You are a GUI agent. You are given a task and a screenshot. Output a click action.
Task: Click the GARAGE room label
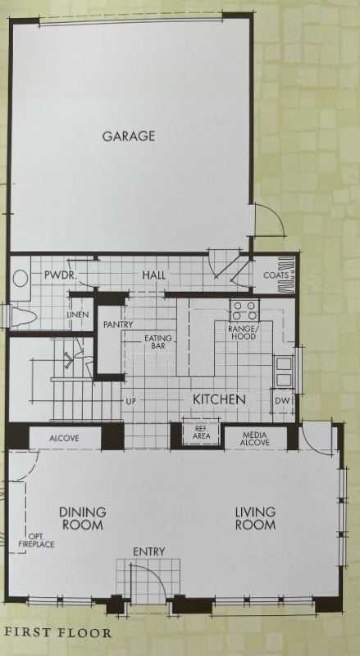(129, 136)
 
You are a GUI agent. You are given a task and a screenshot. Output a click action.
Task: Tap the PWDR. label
(59, 276)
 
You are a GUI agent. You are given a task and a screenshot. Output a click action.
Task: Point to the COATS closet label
(276, 276)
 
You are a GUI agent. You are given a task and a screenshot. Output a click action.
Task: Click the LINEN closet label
(78, 315)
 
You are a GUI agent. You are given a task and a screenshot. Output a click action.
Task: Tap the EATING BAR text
(158, 343)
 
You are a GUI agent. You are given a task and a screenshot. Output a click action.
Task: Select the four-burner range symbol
(244, 311)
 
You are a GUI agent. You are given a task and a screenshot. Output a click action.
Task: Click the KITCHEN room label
(219, 399)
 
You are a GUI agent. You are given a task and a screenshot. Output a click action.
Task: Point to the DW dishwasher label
(281, 400)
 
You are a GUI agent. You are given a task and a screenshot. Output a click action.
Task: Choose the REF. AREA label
(201, 434)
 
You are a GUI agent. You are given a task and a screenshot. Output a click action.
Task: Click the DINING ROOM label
(83, 518)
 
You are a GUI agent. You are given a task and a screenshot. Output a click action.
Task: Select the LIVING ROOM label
(255, 518)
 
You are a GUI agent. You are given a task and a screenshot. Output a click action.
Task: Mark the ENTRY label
(148, 551)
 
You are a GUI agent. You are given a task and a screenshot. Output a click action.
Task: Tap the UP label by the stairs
(130, 402)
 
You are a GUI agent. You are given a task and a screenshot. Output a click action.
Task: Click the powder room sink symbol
(21, 278)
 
